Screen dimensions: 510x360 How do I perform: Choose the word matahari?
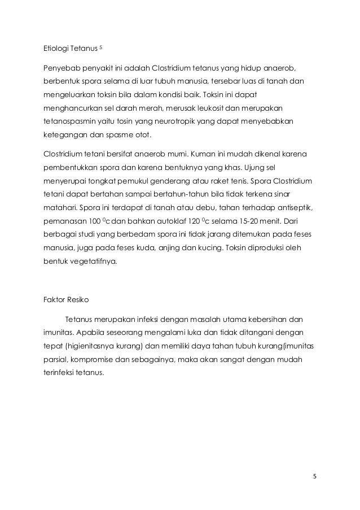click(62, 207)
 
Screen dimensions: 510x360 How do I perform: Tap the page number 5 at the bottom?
click(314, 476)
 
